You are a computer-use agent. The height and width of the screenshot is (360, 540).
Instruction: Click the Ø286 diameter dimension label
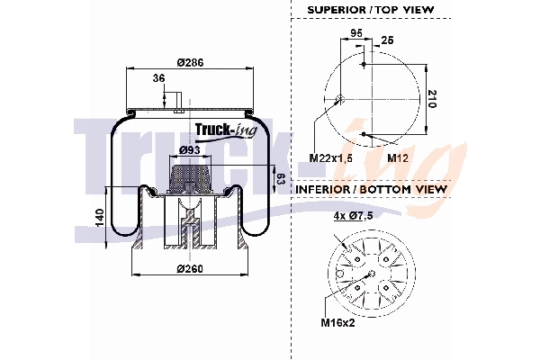pyautogui.click(x=189, y=62)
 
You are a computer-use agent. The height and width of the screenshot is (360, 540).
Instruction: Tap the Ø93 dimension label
pyautogui.click(x=189, y=148)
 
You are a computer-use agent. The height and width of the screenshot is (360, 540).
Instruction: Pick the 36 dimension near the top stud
pyautogui.click(x=158, y=78)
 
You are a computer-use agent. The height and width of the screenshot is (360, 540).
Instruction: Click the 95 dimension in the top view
pyautogui.click(x=355, y=32)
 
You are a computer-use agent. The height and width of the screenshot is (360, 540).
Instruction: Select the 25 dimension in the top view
pyautogui.click(x=388, y=40)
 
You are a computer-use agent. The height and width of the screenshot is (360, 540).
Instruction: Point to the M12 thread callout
pyautogui.click(x=399, y=157)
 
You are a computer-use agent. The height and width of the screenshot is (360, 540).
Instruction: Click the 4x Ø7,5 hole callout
pyautogui.click(x=354, y=215)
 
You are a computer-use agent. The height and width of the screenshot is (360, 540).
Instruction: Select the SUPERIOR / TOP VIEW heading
pyautogui.click(x=371, y=9)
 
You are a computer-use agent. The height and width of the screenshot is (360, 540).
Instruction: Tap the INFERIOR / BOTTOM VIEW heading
pyautogui.click(x=371, y=190)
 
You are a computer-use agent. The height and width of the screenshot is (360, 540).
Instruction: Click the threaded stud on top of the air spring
pyautogui.click(x=179, y=101)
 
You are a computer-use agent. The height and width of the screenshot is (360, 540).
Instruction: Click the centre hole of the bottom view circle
pyautogui.click(x=372, y=272)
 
